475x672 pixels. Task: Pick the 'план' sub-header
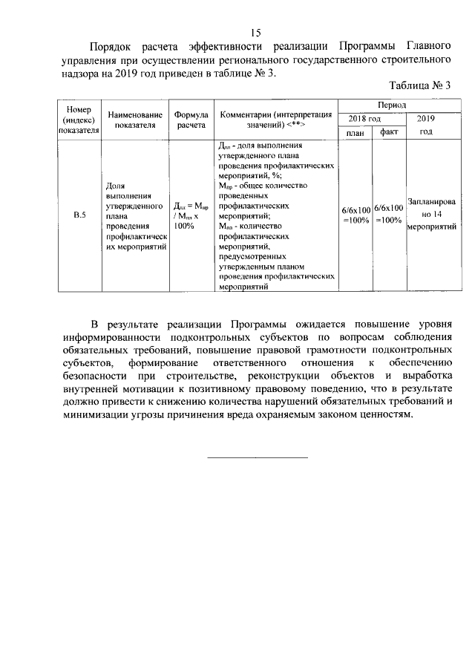click(x=355, y=132)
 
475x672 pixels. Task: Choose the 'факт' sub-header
click(x=388, y=132)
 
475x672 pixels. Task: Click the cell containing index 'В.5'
click(x=79, y=215)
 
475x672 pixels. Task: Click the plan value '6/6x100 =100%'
click(x=355, y=215)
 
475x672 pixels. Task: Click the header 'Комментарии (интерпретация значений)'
click(x=275, y=120)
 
